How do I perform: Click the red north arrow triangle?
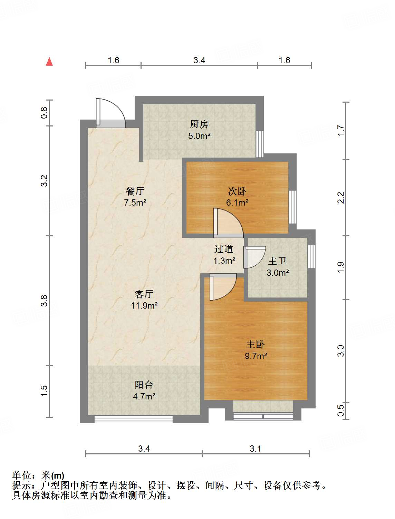[x=49, y=62]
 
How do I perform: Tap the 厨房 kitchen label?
[x=199, y=124]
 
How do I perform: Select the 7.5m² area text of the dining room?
[x=135, y=202]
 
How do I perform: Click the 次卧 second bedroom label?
[x=237, y=191]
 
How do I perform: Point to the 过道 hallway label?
[x=223, y=249]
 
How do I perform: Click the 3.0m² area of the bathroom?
[x=278, y=273]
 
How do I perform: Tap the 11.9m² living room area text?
[x=144, y=306]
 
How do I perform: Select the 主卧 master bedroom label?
[x=256, y=344]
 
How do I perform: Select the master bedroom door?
[x=223, y=287]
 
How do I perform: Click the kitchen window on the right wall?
[x=260, y=144]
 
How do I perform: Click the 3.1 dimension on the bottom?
[x=256, y=449]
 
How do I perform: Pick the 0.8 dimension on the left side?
[x=44, y=113]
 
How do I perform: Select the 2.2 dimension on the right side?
[x=341, y=198]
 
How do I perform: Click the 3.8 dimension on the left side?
[x=44, y=301]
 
